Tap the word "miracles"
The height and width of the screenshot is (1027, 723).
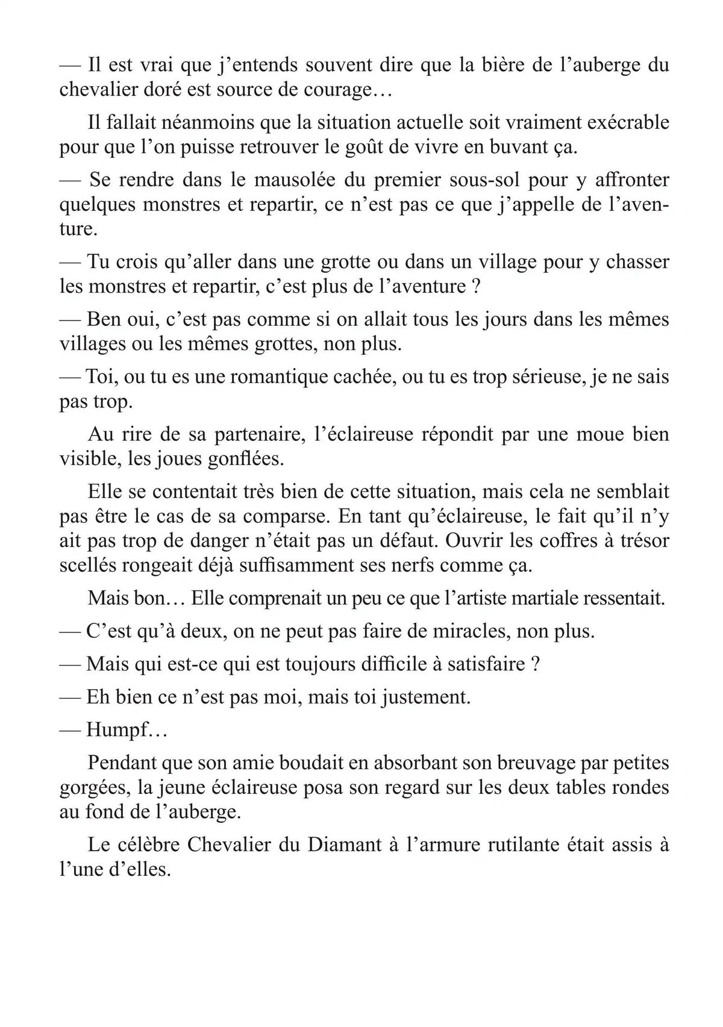479,631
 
